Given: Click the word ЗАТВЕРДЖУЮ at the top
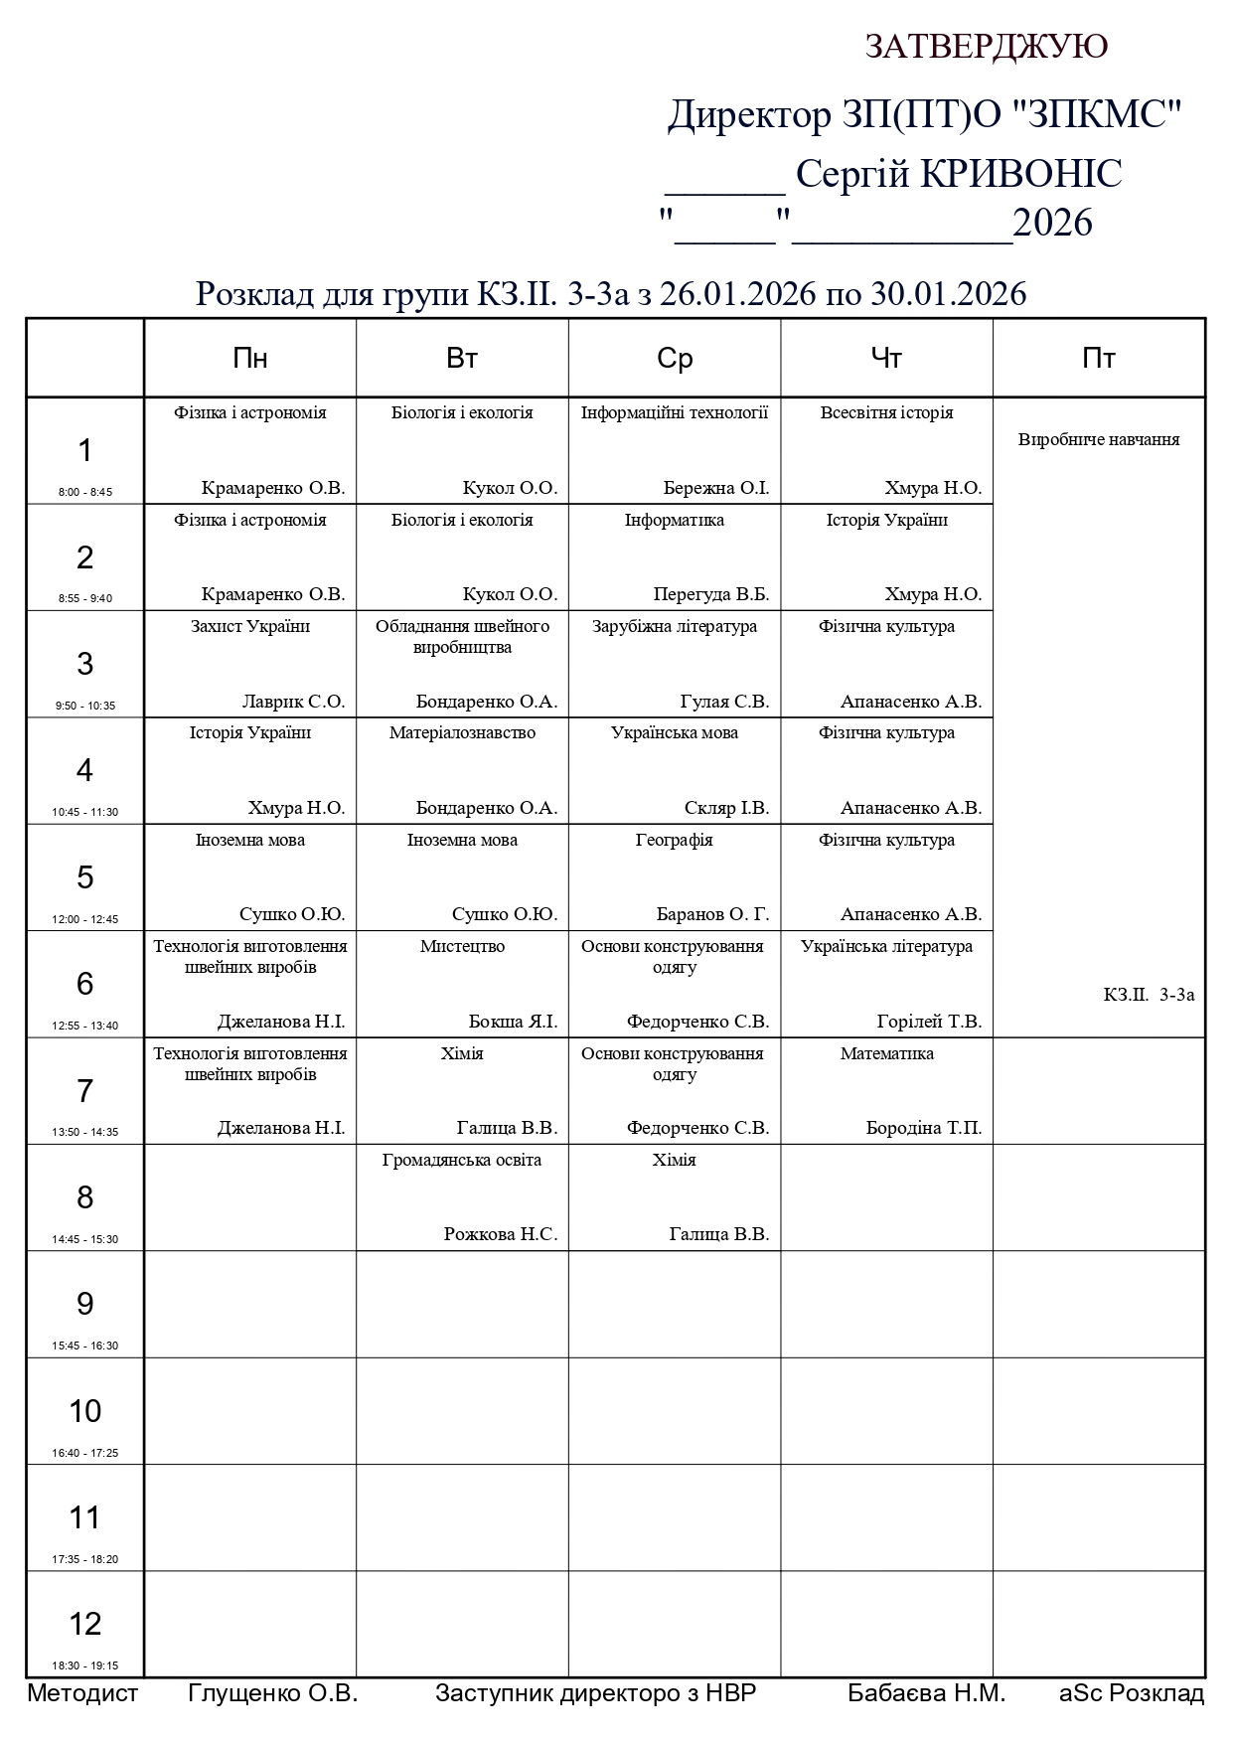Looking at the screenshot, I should (986, 46).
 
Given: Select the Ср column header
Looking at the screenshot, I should (675, 359).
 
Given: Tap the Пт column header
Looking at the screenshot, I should (1098, 359).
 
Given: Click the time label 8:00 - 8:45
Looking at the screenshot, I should (85, 492).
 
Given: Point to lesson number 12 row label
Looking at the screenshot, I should (85, 1624).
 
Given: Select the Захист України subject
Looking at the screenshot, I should (250, 626).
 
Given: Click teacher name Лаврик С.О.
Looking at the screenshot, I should (293, 702).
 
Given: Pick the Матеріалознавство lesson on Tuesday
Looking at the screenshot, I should (462, 732).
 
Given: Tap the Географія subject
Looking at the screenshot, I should (675, 840).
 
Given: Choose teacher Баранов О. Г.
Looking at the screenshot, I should (712, 914).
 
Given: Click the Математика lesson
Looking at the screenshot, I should (886, 1053).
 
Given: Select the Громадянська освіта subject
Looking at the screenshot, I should (462, 1160).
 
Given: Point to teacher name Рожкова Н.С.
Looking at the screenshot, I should (500, 1234).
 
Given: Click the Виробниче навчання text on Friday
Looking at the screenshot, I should (1098, 439).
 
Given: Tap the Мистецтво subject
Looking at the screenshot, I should (462, 946).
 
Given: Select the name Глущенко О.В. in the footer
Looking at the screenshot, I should (272, 1693).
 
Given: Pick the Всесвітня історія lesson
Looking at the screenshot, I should (886, 412).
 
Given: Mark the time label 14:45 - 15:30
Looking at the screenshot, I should (85, 1239).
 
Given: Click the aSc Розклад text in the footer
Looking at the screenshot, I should (1131, 1693).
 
